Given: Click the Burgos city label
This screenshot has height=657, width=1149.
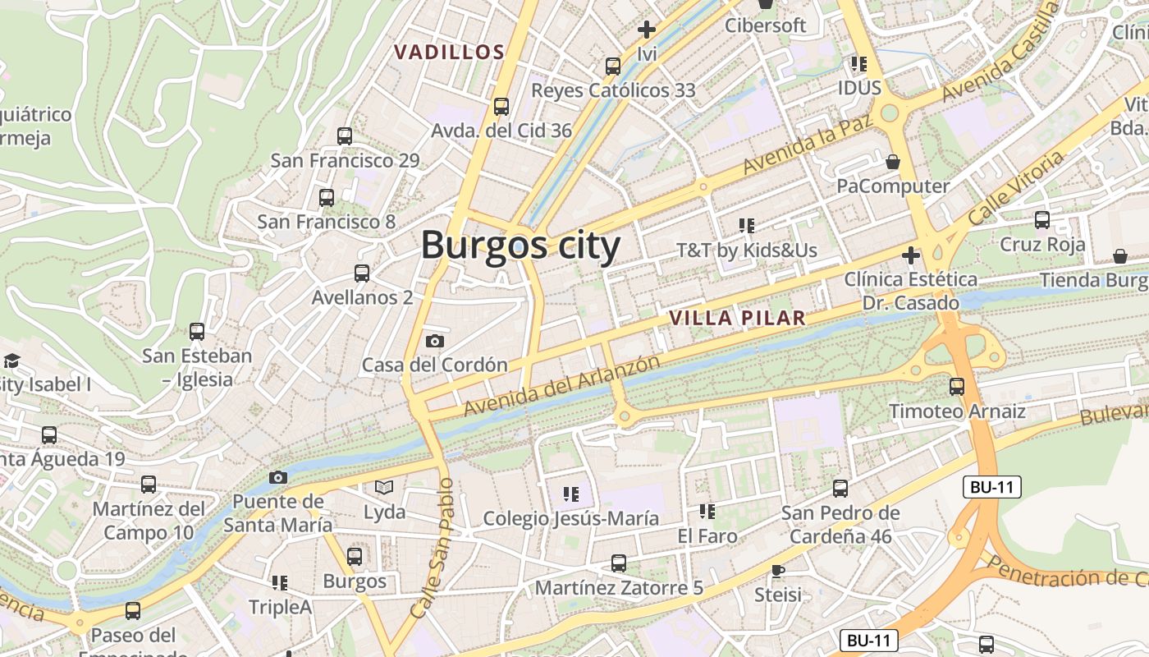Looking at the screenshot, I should click(520, 246).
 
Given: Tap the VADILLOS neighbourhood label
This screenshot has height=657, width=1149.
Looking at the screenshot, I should click(449, 53).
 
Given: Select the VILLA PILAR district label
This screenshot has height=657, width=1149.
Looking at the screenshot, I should click(736, 319).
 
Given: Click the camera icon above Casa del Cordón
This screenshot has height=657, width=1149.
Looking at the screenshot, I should click(435, 341).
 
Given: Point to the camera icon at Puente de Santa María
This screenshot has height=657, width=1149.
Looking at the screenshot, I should click(278, 477).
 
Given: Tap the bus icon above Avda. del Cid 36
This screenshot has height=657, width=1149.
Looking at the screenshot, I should click(501, 107).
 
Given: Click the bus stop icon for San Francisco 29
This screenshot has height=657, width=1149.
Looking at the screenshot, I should click(345, 136).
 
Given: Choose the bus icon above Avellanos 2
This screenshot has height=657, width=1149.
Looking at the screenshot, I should click(362, 273).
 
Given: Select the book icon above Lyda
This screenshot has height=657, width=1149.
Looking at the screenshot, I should click(384, 488).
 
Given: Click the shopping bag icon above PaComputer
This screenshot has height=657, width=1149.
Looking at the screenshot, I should click(893, 163).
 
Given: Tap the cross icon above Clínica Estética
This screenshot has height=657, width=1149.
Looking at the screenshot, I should click(910, 255).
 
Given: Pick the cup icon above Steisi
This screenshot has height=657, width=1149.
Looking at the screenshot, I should click(777, 570).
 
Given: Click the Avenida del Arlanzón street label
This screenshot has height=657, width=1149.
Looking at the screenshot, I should click(561, 385).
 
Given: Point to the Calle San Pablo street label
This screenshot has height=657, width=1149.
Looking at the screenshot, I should click(432, 549).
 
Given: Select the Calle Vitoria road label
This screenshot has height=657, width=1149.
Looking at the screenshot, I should click(1015, 188).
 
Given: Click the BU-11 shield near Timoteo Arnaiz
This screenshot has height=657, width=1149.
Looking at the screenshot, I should click(991, 487).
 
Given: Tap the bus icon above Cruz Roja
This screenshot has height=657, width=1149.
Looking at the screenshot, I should click(1041, 220).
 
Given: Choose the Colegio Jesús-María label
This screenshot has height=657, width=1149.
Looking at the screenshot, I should click(570, 518).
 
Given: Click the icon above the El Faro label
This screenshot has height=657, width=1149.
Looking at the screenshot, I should click(707, 512).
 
